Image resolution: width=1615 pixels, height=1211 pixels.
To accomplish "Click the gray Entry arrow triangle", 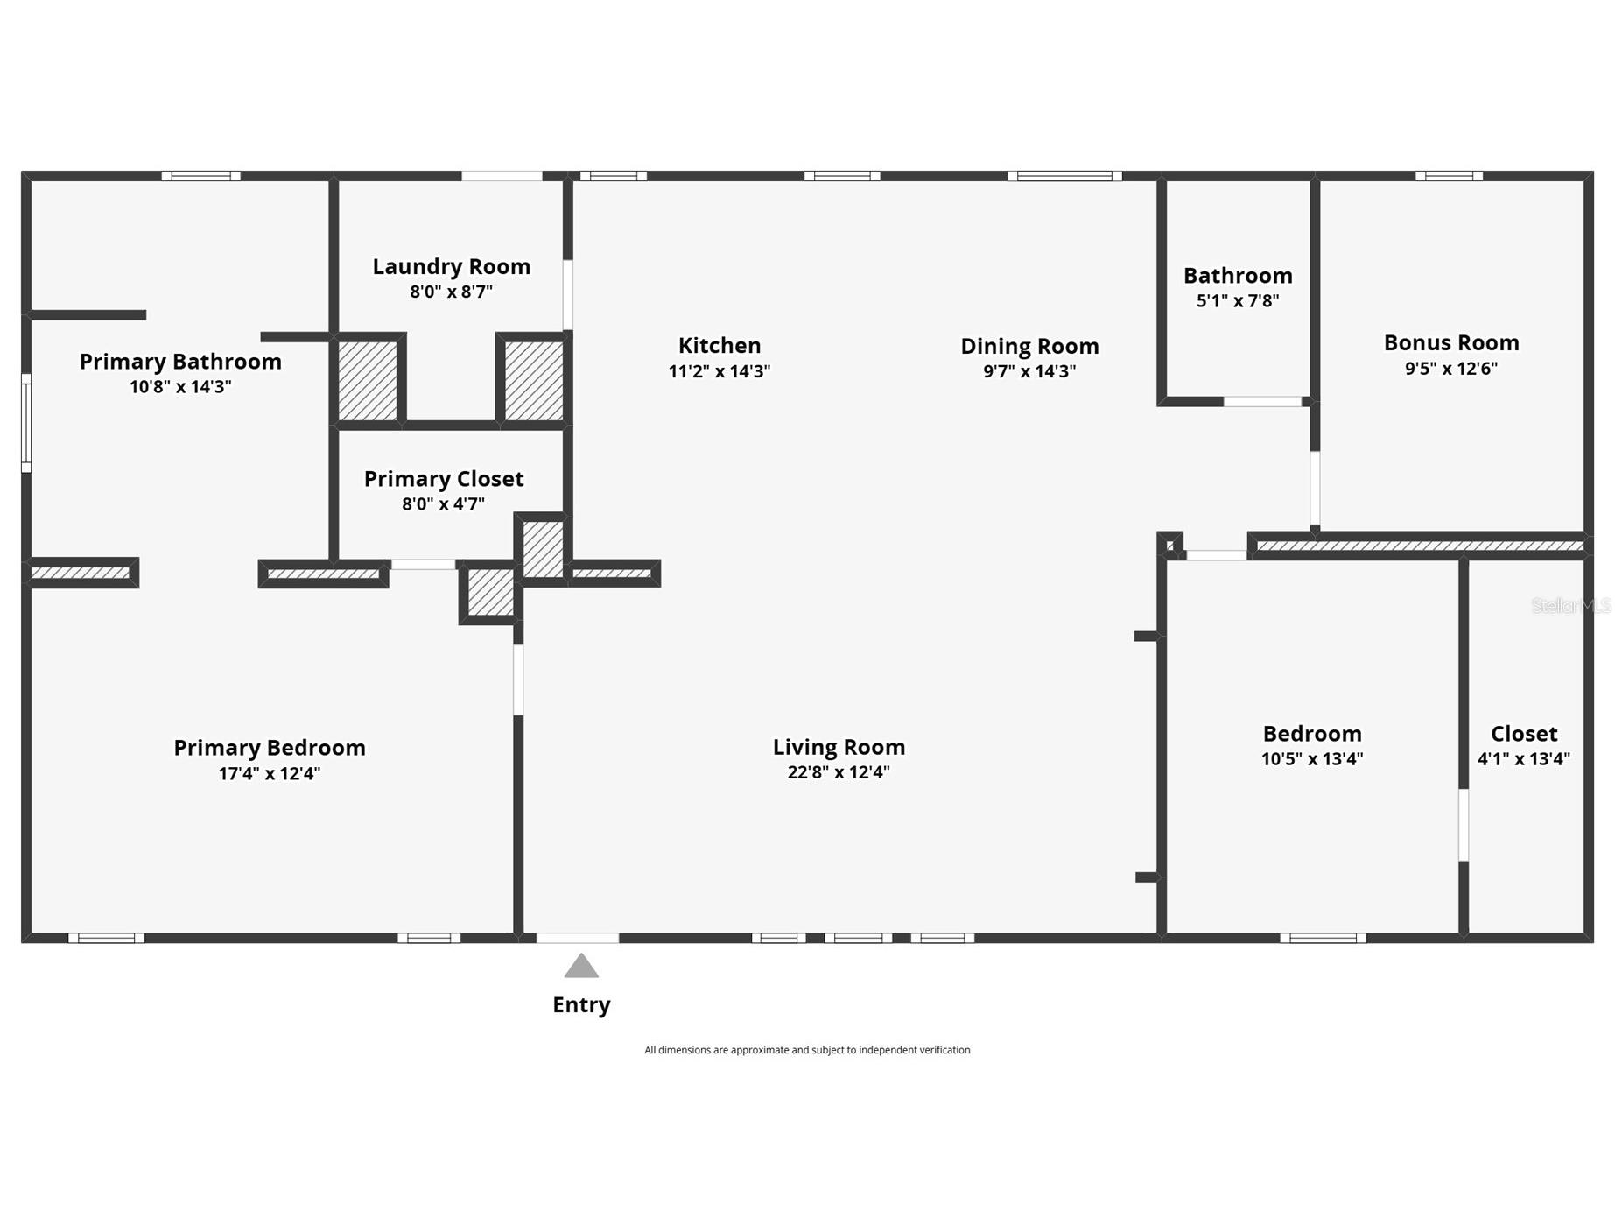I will click(x=581, y=966).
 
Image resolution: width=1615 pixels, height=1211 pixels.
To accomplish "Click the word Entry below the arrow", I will click(x=581, y=1004).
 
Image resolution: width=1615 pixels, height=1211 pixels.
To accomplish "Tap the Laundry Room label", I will click(x=451, y=266).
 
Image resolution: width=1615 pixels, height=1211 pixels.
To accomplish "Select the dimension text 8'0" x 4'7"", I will click(x=443, y=503).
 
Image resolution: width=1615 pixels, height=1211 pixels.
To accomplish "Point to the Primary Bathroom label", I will click(x=180, y=361).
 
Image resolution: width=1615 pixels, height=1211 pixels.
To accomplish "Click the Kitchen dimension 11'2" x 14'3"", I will click(x=719, y=370).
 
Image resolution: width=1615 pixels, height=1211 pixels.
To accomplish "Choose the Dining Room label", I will click(x=1029, y=346).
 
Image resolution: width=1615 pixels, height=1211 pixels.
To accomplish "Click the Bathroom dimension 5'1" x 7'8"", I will click(x=1237, y=300).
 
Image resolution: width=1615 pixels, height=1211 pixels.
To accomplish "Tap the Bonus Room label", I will click(x=1450, y=342).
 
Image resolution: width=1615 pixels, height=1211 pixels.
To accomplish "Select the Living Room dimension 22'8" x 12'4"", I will click(x=838, y=771).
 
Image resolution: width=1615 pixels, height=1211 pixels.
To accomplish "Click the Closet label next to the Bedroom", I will click(x=1523, y=733).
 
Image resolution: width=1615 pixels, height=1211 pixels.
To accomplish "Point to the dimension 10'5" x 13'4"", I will click(x=1311, y=758).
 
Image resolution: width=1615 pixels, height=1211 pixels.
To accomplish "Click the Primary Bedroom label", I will click(x=269, y=747).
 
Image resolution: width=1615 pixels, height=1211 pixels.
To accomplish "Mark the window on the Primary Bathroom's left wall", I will click(x=26, y=423).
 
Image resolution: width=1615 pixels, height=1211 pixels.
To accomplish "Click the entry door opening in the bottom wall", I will click(x=577, y=938).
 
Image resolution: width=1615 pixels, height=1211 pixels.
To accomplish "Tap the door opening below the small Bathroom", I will click(x=1261, y=402).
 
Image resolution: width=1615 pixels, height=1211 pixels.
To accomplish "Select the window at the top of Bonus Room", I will click(x=1449, y=176).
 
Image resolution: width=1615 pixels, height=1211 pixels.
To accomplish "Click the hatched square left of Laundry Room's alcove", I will click(x=368, y=380).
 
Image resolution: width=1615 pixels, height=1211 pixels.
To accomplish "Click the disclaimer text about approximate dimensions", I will click(x=807, y=1050).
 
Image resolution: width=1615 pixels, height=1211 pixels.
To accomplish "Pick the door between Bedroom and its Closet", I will click(x=1463, y=825).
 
